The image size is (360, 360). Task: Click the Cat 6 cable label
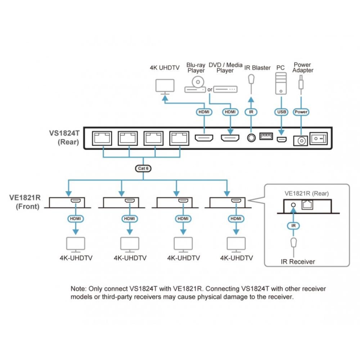click(x=144, y=168)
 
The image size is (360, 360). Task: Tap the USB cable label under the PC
click(x=281, y=112)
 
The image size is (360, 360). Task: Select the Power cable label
click(x=301, y=112)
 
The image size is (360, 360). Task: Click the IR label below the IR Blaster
click(x=251, y=112)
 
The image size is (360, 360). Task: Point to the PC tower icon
click(x=281, y=84)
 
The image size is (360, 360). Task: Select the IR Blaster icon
click(x=252, y=79)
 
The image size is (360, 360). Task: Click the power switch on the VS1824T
click(x=319, y=138)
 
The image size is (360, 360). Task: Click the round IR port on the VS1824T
click(x=251, y=138)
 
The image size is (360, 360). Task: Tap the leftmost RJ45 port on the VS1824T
click(x=102, y=138)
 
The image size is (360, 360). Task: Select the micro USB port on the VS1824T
click(x=282, y=139)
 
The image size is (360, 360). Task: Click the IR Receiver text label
click(x=298, y=262)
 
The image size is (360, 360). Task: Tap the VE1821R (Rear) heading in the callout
click(x=307, y=194)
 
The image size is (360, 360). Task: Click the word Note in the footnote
click(x=78, y=289)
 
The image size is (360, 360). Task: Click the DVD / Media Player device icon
click(x=225, y=89)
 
